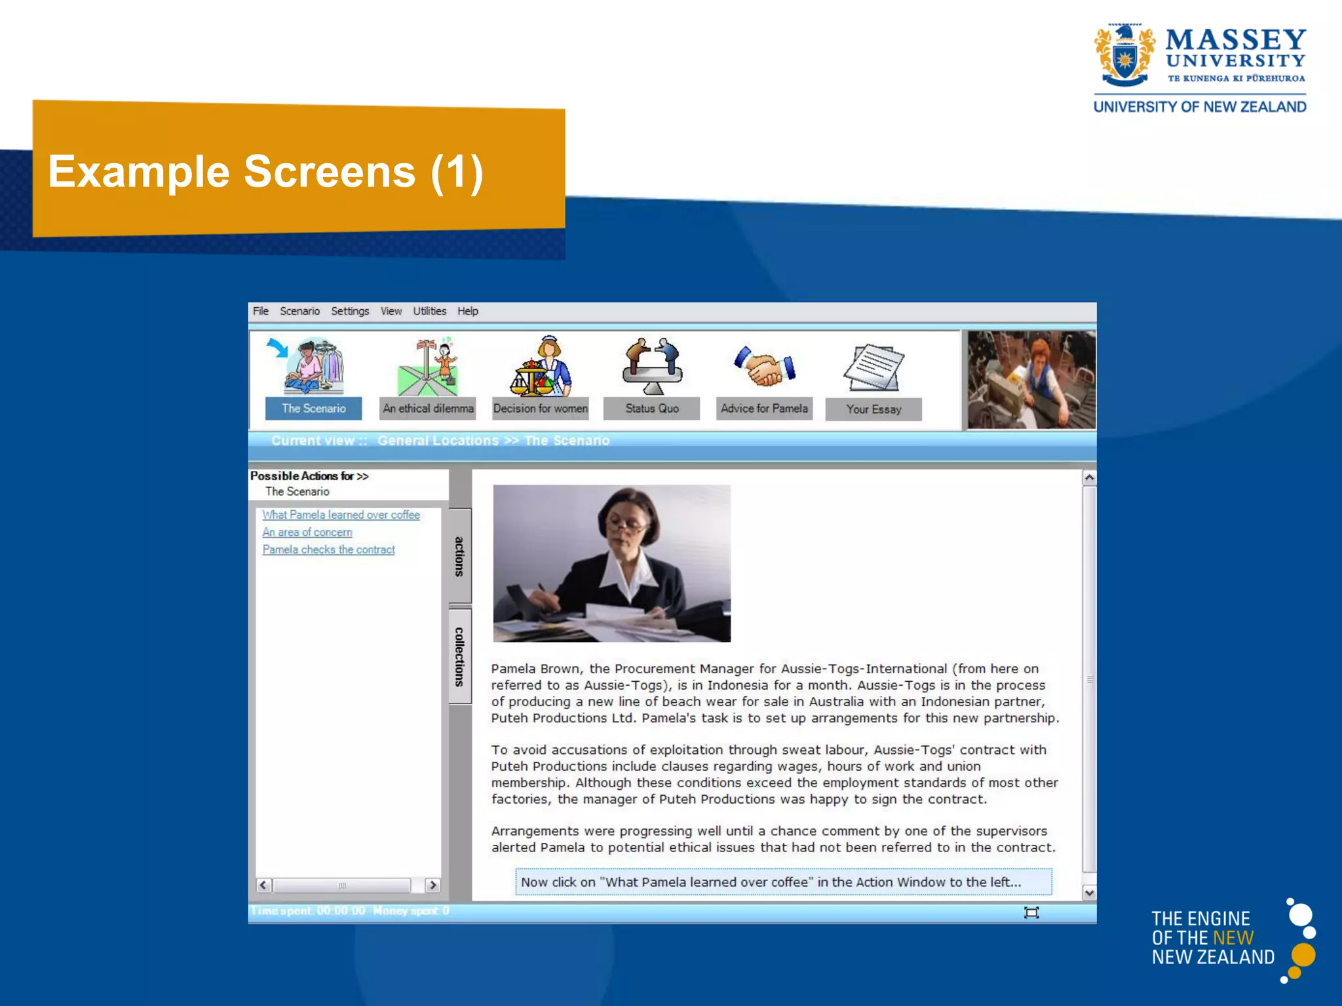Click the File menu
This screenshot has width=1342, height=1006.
[261, 311]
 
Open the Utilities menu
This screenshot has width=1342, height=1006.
[429, 311]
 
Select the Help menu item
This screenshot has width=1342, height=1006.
[467, 311]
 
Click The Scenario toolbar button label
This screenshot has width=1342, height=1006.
[313, 409]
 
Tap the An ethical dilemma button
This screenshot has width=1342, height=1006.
[428, 409]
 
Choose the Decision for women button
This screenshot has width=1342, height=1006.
[540, 409]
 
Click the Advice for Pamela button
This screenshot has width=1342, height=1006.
[764, 409]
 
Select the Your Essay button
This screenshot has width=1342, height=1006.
[873, 409]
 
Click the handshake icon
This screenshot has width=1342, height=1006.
[764, 367]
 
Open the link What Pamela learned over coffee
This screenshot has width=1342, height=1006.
[341, 515]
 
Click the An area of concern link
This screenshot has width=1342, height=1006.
[307, 532]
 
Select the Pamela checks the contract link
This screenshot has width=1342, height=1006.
[328, 550]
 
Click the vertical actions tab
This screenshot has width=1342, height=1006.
[459, 556]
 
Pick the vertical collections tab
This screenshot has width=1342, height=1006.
[459, 656]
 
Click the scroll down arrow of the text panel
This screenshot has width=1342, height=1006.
[1089, 893]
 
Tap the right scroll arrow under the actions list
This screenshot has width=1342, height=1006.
[432, 885]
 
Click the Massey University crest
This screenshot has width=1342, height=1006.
[1124, 57]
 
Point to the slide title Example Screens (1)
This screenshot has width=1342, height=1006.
[265, 172]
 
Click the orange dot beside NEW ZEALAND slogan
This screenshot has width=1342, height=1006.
[1303, 955]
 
